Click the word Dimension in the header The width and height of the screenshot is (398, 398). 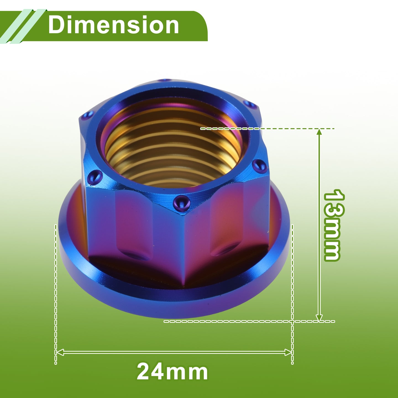114,25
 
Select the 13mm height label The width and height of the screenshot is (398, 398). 332,225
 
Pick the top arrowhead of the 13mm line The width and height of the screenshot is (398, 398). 319,132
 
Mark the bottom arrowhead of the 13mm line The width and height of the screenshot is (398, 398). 319,317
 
